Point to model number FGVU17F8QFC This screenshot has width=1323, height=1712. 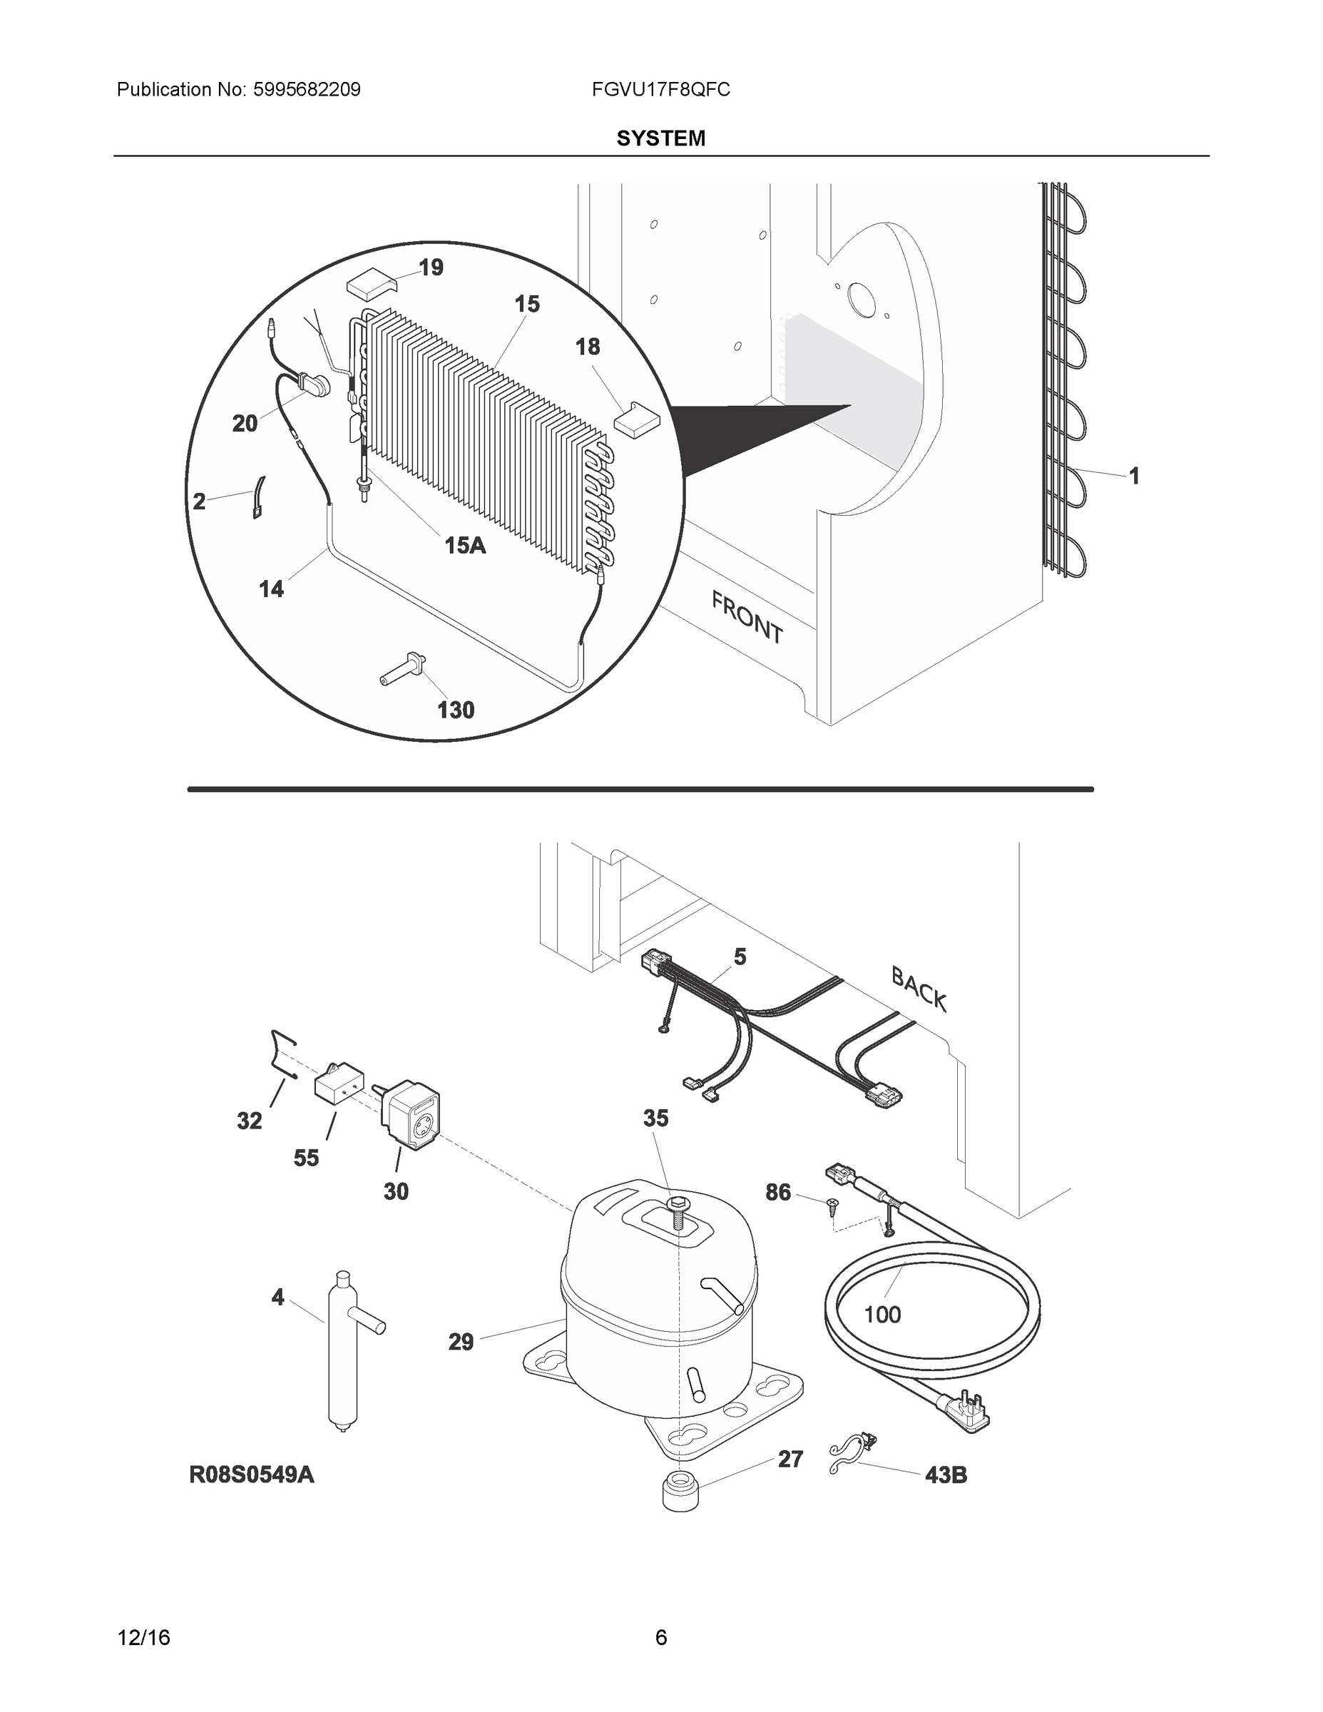click(x=660, y=90)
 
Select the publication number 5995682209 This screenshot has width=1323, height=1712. click(x=307, y=90)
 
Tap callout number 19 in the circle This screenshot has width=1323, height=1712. click(x=431, y=268)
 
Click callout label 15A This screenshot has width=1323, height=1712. click(x=465, y=545)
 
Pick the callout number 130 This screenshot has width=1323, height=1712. click(x=455, y=710)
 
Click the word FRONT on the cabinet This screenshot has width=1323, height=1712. click(x=747, y=618)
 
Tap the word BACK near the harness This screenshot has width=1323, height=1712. click(x=919, y=989)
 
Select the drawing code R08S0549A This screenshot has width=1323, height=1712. click(x=252, y=1474)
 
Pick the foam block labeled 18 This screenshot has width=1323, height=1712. click(x=636, y=419)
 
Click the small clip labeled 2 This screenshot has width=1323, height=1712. click(x=259, y=497)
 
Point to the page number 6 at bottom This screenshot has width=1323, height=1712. click(x=660, y=1637)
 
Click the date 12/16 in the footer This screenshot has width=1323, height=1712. click(x=143, y=1637)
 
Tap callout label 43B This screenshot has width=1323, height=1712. click(x=945, y=1475)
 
